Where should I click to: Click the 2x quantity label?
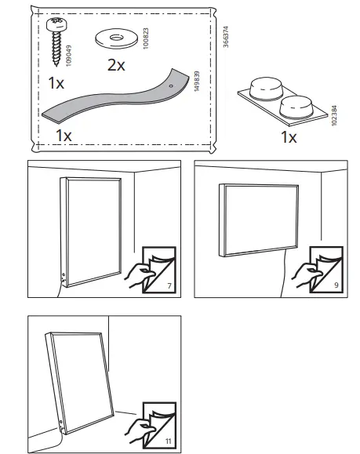coord(115,65)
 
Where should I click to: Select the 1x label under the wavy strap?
coord(64,135)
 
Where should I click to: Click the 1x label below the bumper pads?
coord(289,138)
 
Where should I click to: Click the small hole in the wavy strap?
coord(171,82)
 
